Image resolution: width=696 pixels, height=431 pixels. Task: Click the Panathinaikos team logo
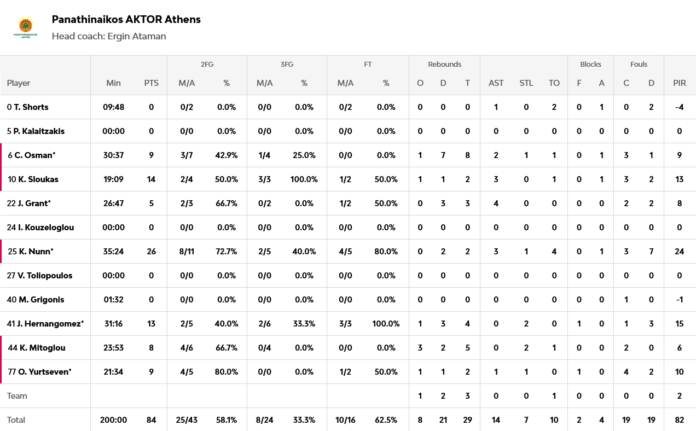click(x=25, y=27)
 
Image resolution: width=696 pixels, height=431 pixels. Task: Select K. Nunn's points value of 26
click(x=151, y=252)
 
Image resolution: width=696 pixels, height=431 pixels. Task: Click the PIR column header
click(x=679, y=83)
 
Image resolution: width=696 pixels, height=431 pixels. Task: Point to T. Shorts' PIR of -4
click(x=679, y=107)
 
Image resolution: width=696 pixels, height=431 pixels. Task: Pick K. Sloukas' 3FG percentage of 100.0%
click(x=304, y=179)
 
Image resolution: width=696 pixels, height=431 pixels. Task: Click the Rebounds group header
click(x=444, y=65)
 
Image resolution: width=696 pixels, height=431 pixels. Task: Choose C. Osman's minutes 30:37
click(x=113, y=155)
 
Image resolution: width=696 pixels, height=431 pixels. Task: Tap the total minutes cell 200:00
click(x=113, y=420)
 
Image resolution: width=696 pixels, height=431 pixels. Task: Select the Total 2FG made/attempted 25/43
click(x=187, y=420)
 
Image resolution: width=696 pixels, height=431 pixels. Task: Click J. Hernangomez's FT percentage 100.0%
click(x=386, y=324)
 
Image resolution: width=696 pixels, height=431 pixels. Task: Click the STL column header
click(x=526, y=83)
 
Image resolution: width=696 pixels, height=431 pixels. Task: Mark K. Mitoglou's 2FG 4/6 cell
click(x=187, y=348)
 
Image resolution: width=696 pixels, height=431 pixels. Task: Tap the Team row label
click(x=17, y=396)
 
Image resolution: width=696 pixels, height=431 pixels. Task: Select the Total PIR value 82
click(x=679, y=420)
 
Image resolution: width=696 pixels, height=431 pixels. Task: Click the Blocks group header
click(x=590, y=65)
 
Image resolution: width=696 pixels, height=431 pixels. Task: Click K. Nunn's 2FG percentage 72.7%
click(x=227, y=252)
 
